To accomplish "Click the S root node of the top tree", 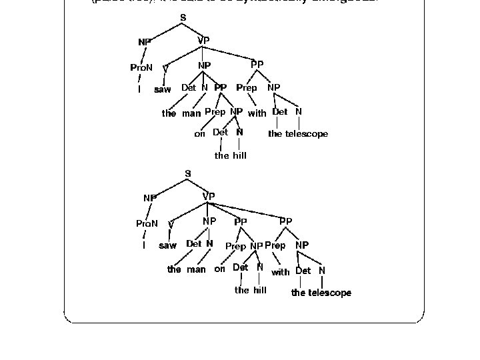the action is [183, 17].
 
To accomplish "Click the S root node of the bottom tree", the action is [188, 173].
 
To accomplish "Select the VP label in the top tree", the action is [203, 41].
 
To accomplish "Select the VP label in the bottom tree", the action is [209, 196].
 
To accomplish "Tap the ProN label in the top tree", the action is [141, 67].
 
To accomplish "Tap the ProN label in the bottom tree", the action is [147, 224].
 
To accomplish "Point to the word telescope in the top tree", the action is [307, 134].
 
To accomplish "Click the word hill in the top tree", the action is [239, 155].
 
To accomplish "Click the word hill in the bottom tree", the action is [259, 290].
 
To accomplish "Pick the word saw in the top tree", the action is [163, 89].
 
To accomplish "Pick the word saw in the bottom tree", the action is [167, 245].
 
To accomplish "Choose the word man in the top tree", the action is [191, 113].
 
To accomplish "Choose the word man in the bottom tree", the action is [196, 270].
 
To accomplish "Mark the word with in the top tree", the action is [257, 113].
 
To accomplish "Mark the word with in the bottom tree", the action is [280, 272].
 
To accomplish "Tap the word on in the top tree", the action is [199, 134].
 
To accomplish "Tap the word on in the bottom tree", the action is [219, 269].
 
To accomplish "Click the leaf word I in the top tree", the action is [139, 89].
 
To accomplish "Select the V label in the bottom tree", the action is [171, 225].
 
